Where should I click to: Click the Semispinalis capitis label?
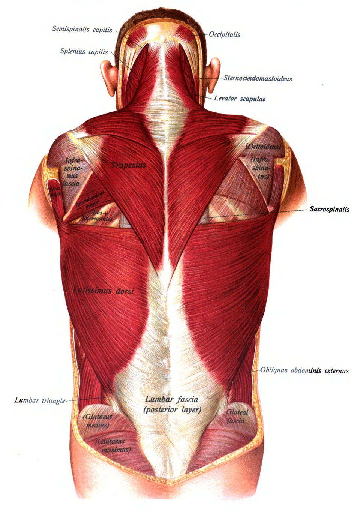point(82,29)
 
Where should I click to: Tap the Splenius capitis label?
point(84,52)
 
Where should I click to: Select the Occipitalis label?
point(225,34)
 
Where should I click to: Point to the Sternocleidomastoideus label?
point(258,78)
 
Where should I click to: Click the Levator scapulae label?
point(240,99)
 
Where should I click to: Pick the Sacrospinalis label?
point(329,209)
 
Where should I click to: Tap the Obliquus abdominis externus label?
point(304,371)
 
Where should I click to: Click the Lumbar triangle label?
point(40,400)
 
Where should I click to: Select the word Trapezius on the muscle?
point(128,165)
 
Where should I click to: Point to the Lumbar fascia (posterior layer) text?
point(172,405)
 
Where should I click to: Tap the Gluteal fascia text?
point(237,416)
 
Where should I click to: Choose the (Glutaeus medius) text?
point(97,421)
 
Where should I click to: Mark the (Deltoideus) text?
point(263,147)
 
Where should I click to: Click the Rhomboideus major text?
point(90,199)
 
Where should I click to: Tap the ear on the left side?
point(109,77)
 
